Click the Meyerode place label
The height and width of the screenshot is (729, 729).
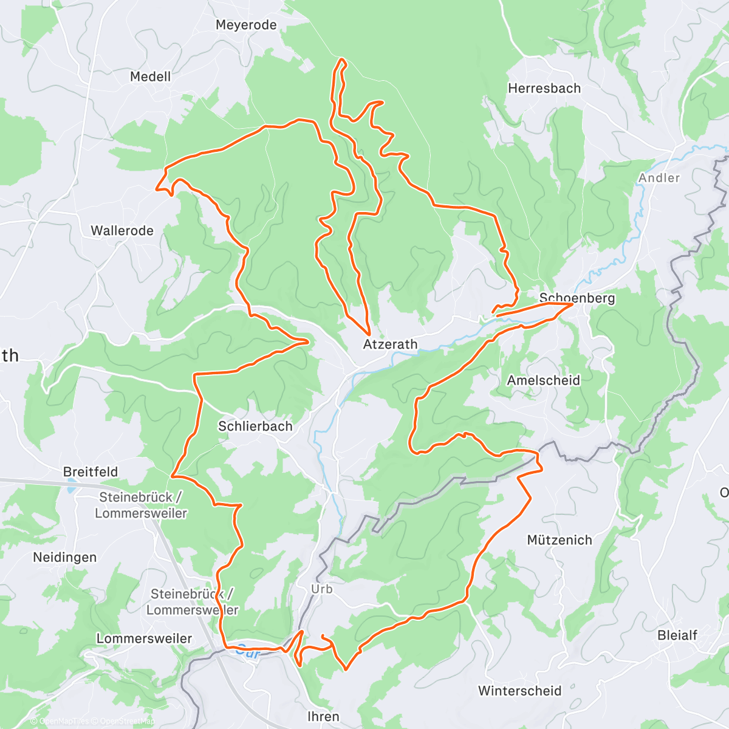coord(246,25)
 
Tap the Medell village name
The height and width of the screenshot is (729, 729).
coord(151,77)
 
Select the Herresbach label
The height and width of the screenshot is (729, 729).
coord(544,88)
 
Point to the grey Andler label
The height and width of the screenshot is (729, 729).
coord(659,178)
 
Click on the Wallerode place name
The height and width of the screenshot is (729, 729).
coord(122,231)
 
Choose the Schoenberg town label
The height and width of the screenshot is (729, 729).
coord(577,298)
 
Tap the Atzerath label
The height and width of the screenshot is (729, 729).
coord(390,344)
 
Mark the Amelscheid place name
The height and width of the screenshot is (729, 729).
coord(544,380)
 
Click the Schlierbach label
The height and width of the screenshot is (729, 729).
coord(255,426)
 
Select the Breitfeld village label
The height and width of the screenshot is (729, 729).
coord(91,472)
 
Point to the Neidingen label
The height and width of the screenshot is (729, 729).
coord(65,557)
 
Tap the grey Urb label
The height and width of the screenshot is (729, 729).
coord(321,589)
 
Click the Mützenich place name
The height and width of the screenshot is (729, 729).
coord(560,540)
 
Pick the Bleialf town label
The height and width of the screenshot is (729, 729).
coord(677,635)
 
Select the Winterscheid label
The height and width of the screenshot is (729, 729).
coord(520,691)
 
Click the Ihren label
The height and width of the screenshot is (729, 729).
coord(323,717)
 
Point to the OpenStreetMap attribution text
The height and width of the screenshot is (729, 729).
coord(128,721)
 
